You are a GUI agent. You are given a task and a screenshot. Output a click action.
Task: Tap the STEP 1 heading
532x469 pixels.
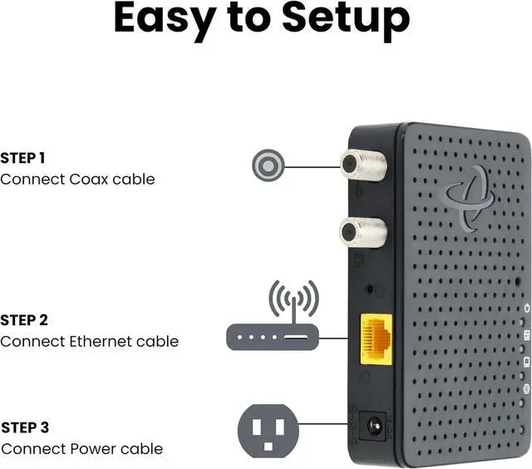coord(23,158)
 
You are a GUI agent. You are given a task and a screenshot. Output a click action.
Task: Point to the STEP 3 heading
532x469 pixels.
coord(25,428)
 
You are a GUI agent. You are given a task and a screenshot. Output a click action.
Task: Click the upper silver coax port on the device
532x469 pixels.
coord(362,165)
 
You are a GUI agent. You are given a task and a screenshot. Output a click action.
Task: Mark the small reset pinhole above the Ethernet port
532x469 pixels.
coord(370,291)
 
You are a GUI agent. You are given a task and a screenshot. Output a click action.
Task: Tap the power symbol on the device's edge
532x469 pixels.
coord(525,309)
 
